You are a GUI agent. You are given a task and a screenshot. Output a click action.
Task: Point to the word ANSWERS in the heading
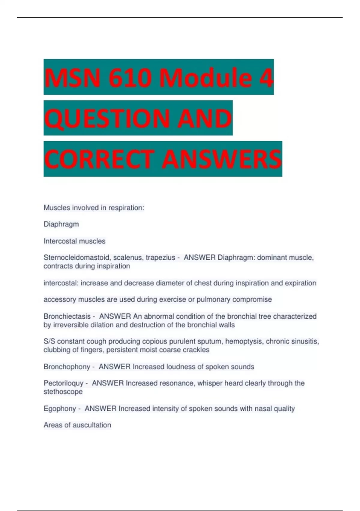222,159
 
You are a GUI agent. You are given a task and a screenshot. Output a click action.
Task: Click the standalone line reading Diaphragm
61,224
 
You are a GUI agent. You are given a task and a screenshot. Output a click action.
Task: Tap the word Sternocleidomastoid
77,258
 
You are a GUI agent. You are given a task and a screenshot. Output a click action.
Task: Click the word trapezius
160,258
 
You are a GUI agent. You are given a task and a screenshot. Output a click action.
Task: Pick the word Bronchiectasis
67,316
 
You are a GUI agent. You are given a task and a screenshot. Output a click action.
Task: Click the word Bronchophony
67,367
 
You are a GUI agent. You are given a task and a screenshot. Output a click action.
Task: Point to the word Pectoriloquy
64,383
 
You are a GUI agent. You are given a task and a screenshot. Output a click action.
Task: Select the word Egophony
60,408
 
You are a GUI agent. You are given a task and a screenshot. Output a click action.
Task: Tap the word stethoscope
63,392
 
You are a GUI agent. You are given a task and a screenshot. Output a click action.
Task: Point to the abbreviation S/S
49,341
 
